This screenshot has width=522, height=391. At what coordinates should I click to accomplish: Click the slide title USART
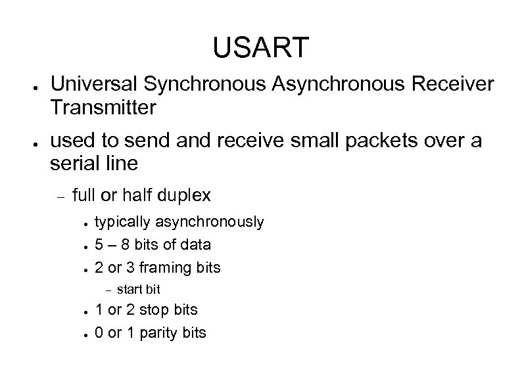pyautogui.click(x=260, y=47)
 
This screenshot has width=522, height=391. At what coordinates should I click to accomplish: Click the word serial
pyautogui.click(x=75, y=164)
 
